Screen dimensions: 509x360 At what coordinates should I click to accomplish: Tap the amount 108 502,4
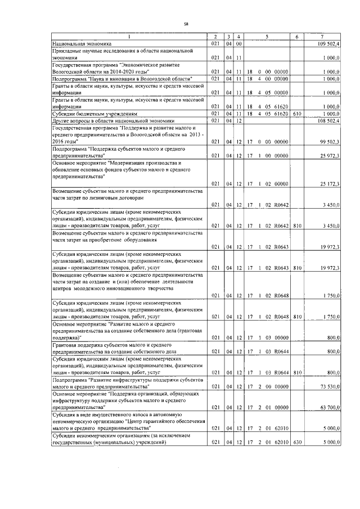[x=329, y=120]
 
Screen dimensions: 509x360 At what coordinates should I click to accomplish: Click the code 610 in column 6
[x=298, y=113]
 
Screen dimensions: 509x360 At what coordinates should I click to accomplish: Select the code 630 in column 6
[x=298, y=444]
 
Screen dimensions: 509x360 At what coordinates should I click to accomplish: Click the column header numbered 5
[x=267, y=37]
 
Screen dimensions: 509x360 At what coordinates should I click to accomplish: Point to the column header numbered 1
[x=128, y=37]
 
